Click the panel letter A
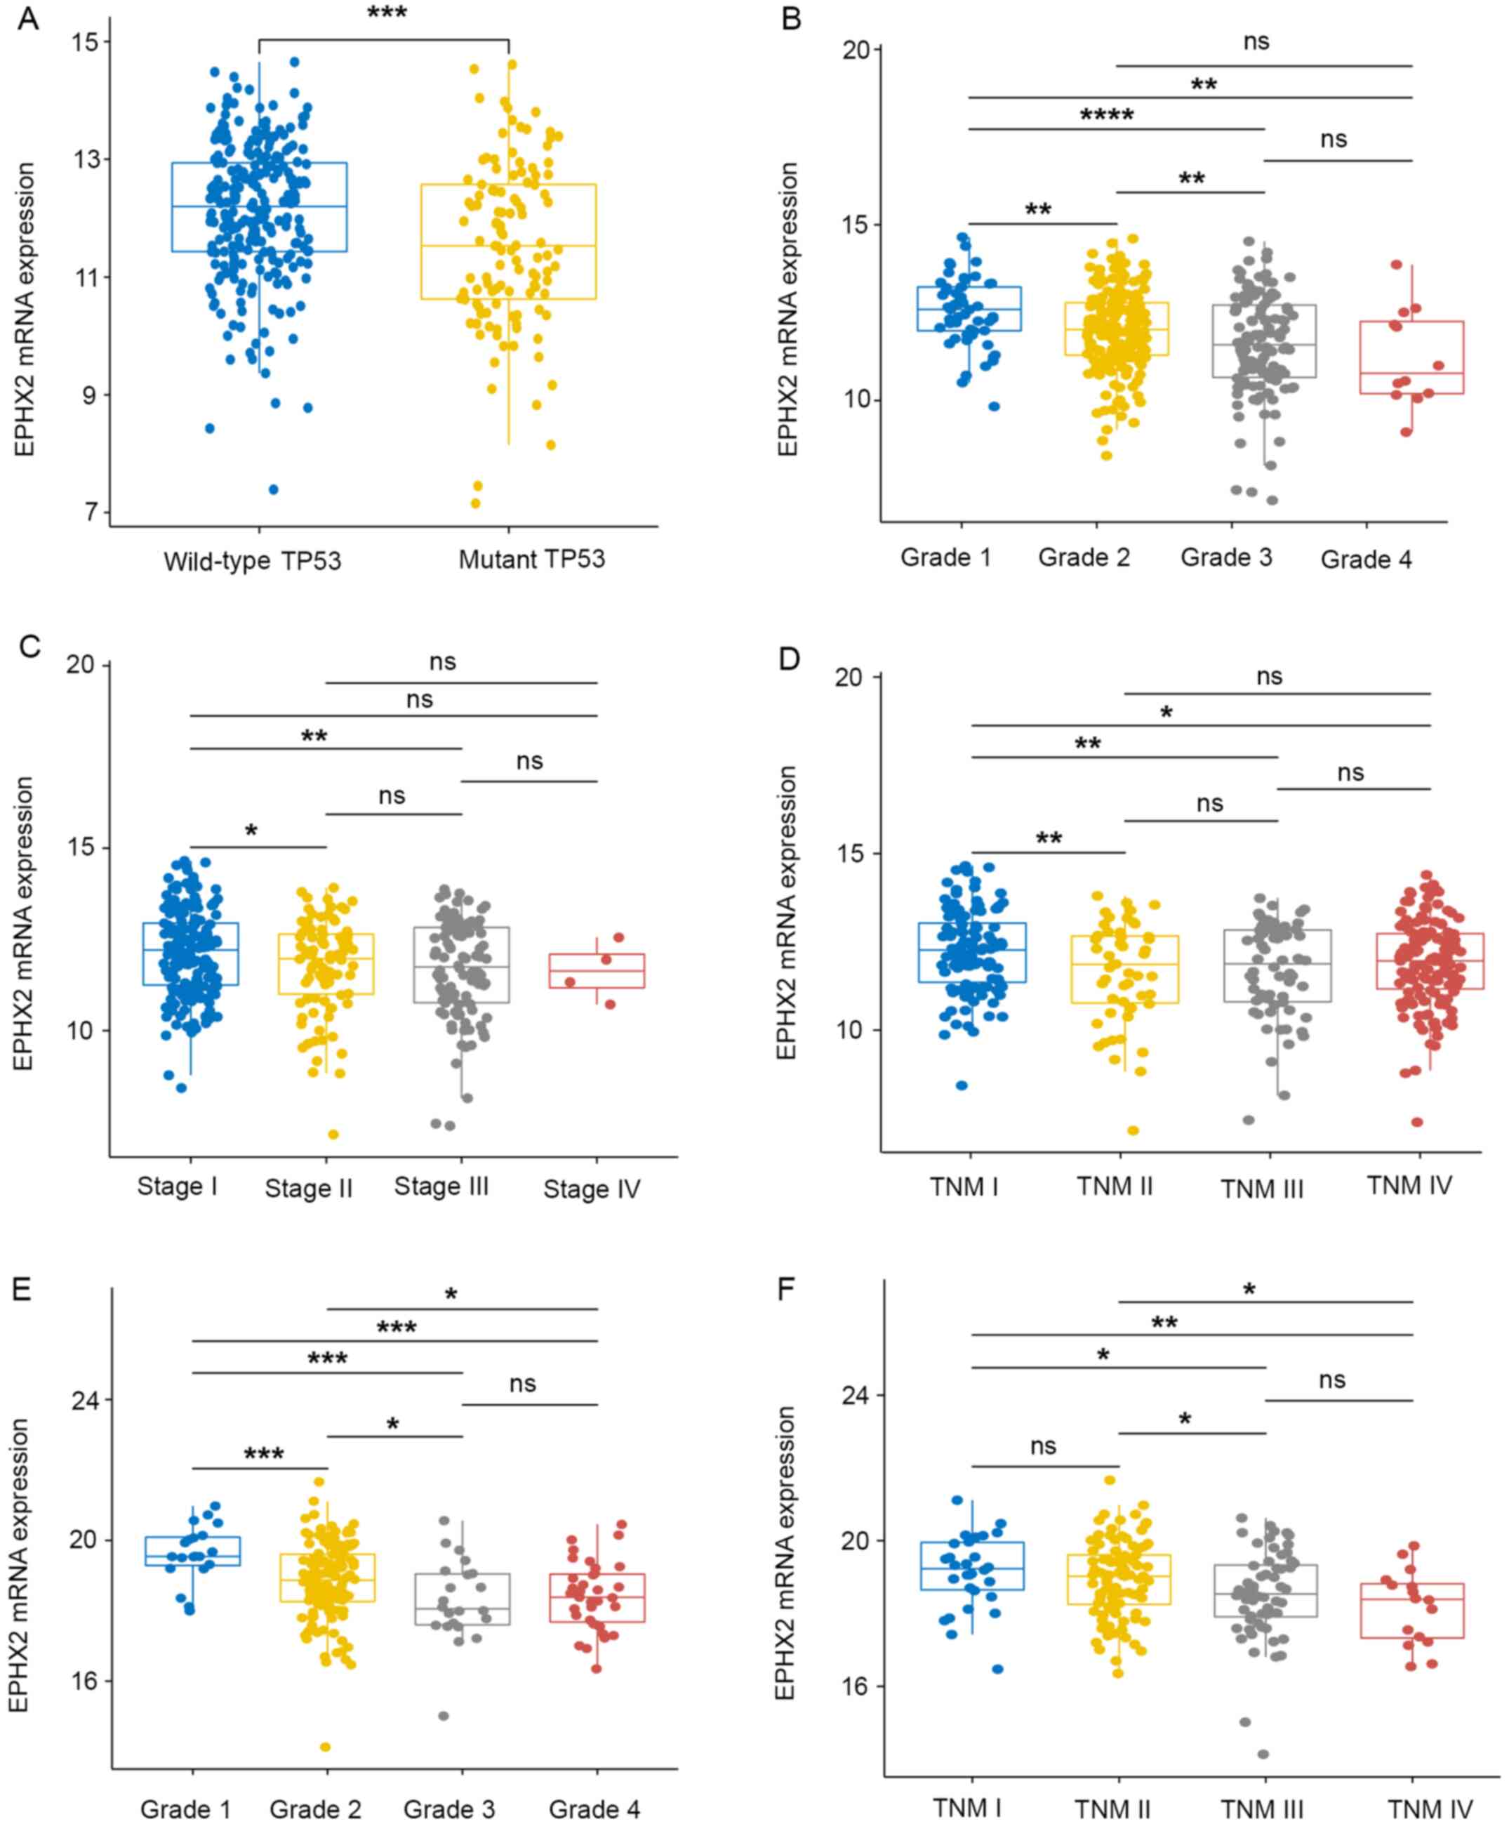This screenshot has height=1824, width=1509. (28, 18)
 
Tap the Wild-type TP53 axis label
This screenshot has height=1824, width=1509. (253, 561)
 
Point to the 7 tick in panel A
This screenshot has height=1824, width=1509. (91, 512)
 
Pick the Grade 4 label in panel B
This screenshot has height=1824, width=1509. (1367, 560)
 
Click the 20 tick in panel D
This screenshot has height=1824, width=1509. (851, 678)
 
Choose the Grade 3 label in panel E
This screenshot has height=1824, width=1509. (449, 1809)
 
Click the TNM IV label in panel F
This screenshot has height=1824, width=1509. (1430, 1809)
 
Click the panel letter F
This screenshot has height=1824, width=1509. (787, 1289)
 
